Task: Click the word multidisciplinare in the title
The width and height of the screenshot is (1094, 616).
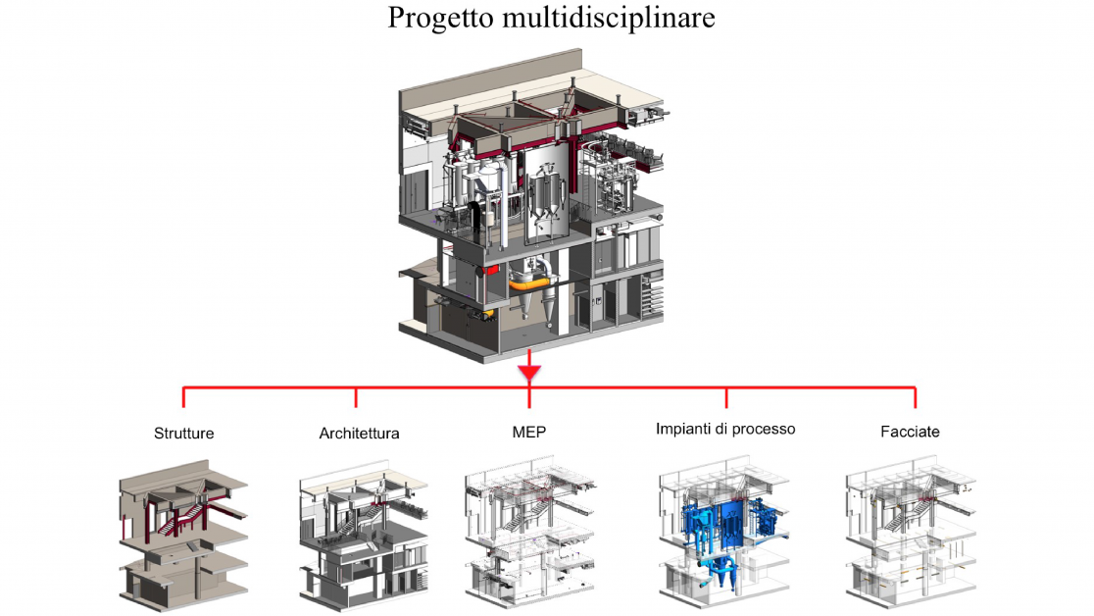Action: click(607, 18)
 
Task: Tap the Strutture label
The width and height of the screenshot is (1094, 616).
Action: click(183, 432)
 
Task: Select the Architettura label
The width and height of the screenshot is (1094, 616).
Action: click(359, 432)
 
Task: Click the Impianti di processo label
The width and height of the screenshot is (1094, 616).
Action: click(725, 429)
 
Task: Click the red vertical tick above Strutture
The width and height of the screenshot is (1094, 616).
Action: click(183, 397)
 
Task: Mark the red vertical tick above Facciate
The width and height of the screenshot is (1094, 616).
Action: click(914, 397)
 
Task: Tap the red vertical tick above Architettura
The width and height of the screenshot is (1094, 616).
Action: click(356, 397)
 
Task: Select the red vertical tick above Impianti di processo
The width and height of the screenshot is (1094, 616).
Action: click(726, 397)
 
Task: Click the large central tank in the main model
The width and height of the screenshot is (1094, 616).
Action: click(542, 206)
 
